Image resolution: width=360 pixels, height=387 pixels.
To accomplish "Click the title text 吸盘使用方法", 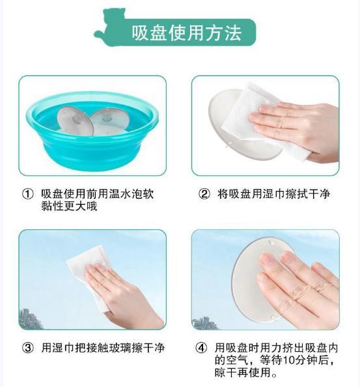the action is (x=186, y=33).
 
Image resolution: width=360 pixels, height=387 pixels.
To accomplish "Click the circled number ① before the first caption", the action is (x=27, y=194).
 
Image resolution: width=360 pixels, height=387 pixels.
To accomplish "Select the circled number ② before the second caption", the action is (x=204, y=194).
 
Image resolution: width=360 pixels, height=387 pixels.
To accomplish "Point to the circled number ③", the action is (x=27, y=348).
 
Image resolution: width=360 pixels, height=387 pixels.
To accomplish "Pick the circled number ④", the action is (x=201, y=348).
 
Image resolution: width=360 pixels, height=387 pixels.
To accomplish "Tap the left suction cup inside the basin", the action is (x=75, y=121).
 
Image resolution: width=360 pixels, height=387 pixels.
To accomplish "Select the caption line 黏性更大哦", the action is (x=69, y=206).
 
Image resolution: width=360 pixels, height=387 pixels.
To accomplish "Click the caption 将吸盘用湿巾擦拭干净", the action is (x=273, y=194).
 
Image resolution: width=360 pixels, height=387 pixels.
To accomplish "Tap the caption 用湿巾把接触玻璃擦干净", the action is (x=103, y=348).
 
